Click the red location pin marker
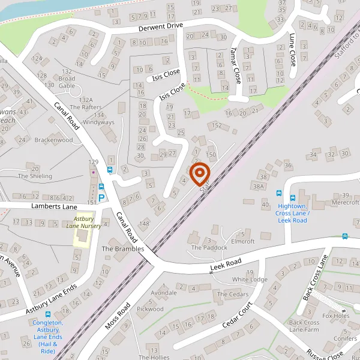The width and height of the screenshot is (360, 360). coord(199,174)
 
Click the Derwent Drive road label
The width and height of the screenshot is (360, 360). coord(161,28)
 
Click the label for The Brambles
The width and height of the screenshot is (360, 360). coord(123,248)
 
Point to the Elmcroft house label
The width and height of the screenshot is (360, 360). coord(243,241)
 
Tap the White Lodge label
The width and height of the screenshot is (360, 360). coord(250,280)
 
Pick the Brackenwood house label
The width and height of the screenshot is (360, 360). coord(53,140)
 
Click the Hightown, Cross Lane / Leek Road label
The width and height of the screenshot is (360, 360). coord(292,213)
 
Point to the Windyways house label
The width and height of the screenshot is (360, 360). coord(98,122)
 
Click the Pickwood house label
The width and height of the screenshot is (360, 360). coord(150,309)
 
